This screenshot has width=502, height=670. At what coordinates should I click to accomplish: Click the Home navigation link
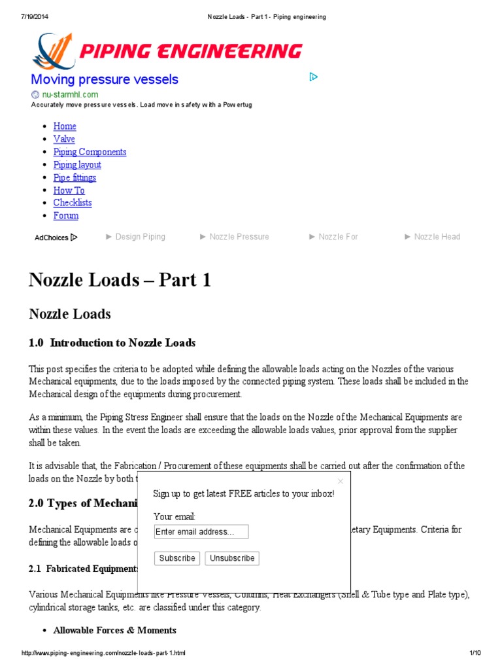65,126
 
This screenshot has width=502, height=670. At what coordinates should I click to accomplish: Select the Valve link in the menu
64,139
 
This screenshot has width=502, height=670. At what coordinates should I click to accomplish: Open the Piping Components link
90,152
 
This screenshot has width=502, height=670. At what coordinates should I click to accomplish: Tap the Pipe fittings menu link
75,177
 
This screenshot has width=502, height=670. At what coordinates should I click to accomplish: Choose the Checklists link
73,203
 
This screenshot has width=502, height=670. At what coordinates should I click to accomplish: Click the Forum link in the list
65,215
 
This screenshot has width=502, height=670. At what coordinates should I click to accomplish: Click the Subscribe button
177,558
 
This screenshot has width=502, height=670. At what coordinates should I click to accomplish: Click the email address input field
201,531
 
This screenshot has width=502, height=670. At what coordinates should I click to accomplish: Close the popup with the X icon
340,481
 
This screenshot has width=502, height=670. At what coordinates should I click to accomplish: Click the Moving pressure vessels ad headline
105,80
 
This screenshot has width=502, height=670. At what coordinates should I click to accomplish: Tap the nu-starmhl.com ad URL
70,94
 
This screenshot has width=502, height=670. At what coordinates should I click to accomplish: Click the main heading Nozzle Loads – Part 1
120,280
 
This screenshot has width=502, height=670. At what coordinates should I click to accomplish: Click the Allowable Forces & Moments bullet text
115,630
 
